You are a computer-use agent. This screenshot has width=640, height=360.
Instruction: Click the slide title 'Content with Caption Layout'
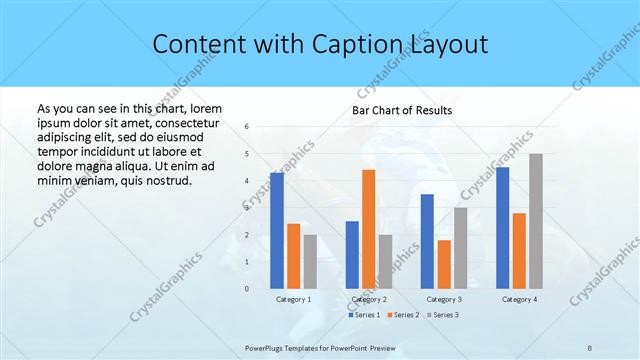[x=320, y=44]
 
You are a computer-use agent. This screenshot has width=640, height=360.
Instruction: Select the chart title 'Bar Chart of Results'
[x=401, y=110]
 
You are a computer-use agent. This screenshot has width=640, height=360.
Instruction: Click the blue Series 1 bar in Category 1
[x=277, y=230]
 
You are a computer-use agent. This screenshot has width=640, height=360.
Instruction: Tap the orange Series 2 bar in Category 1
[x=293, y=256]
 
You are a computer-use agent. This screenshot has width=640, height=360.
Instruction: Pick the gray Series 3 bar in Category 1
[x=310, y=261]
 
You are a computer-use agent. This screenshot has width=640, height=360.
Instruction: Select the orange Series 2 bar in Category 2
[x=369, y=229]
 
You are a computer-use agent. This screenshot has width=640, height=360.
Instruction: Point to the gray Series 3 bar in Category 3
[x=460, y=247]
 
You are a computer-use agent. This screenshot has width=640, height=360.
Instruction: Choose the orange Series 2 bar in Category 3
[x=444, y=264]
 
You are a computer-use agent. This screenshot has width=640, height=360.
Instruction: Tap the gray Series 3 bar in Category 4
[x=536, y=221]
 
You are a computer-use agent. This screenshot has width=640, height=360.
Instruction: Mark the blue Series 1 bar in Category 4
[x=502, y=227]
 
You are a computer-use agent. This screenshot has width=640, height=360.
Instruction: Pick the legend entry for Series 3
[x=440, y=315]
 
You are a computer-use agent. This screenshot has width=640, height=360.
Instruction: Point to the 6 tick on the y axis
[x=246, y=127]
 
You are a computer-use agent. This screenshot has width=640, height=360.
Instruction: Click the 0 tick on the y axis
[x=246, y=288]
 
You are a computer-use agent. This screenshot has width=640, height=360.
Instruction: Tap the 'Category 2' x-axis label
[x=369, y=299]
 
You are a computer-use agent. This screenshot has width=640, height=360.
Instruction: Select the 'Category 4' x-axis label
[x=518, y=299]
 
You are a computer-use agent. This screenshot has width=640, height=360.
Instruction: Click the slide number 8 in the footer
[x=589, y=346]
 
